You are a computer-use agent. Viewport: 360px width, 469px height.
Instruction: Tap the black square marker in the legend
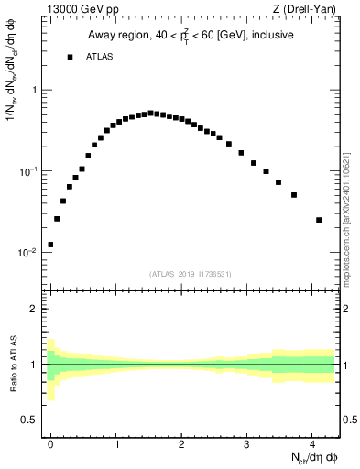pyautogui.click(x=70, y=57)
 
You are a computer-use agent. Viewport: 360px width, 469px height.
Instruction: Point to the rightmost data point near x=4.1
pyautogui.click(x=319, y=220)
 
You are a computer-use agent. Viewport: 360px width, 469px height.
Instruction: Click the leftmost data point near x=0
pyautogui.click(x=50, y=245)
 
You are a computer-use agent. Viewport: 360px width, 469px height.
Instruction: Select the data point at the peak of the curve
pyautogui.click(x=150, y=113)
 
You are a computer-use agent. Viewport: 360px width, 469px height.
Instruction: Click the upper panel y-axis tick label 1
pyautogui.click(x=34, y=91)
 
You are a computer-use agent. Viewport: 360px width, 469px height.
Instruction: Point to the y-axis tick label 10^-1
pyautogui.click(x=27, y=171)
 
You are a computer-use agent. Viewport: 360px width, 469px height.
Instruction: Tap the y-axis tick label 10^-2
pyautogui.click(x=27, y=253)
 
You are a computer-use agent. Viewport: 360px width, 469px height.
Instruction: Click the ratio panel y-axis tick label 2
pyautogui.click(x=34, y=310)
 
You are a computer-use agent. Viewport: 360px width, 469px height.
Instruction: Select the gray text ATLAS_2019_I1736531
pyautogui.click(x=191, y=274)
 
